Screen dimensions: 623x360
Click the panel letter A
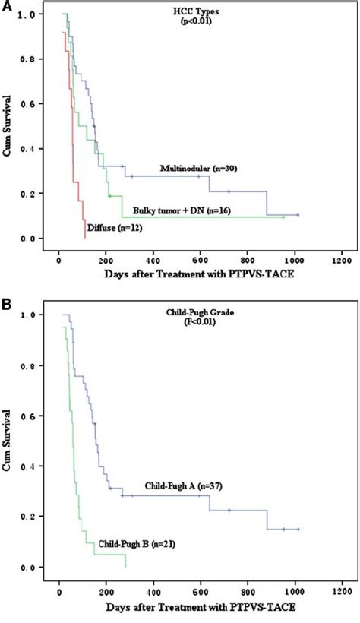[7, 7]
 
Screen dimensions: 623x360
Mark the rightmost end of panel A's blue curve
[298, 215]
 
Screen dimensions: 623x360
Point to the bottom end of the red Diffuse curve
[85, 237]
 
